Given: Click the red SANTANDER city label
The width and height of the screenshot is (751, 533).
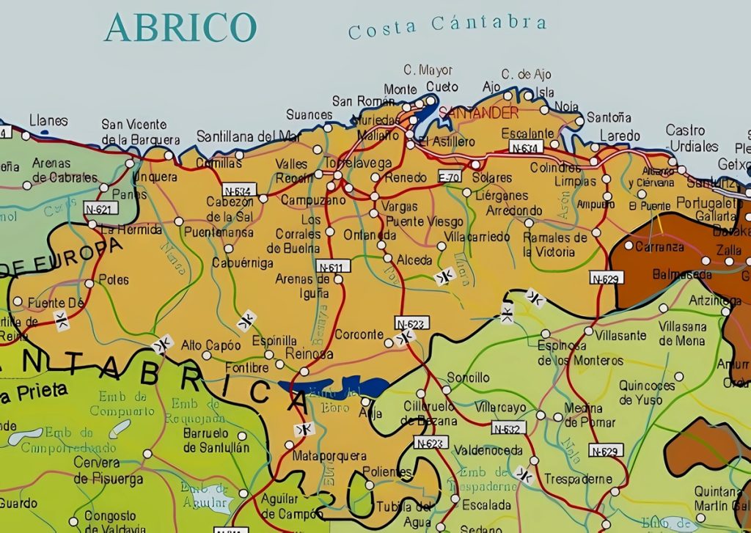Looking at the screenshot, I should click(479, 113).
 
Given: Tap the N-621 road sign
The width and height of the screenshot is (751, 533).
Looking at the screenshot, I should click(100, 209).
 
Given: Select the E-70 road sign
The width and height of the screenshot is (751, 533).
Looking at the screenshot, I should click(449, 177).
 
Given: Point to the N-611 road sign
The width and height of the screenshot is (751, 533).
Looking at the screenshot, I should click(333, 265).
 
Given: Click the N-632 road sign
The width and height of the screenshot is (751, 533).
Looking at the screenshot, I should click(508, 428).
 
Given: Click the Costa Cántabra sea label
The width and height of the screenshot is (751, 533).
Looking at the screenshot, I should click(447, 27).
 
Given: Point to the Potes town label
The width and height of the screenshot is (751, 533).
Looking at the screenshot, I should click(114, 279).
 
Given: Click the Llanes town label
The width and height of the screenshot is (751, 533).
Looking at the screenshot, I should click(48, 121).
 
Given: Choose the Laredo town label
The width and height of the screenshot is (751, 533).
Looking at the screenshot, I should click(620, 136).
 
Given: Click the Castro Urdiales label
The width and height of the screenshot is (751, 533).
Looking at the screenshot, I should click(685, 137).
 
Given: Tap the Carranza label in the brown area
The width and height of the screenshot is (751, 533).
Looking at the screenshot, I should click(659, 247).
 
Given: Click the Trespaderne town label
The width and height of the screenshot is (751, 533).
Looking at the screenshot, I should click(578, 479).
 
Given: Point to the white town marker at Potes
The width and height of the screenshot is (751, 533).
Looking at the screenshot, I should click(89, 283).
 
